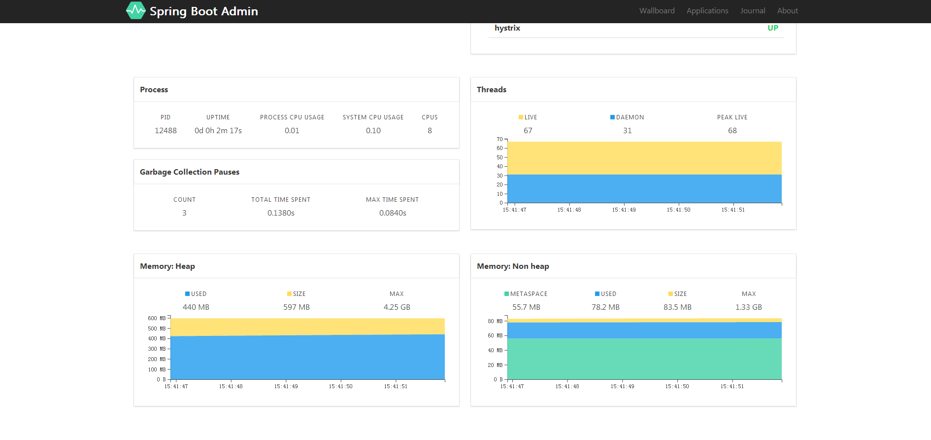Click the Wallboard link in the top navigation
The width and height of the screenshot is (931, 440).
(x=657, y=11)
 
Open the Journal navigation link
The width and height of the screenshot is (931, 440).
(x=752, y=11)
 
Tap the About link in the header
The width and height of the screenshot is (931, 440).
(x=787, y=11)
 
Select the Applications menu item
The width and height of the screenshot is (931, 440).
(x=707, y=11)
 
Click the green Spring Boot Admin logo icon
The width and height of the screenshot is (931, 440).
(x=135, y=10)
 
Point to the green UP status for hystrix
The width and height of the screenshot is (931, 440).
(x=772, y=28)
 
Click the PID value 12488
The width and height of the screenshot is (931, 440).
(x=166, y=131)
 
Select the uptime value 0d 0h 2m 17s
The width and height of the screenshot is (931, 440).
(x=218, y=131)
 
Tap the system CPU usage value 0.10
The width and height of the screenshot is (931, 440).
(x=373, y=131)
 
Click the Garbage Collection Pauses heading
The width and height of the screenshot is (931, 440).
(x=190, y=172)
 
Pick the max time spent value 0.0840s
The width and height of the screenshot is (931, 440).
(x=393, y=213)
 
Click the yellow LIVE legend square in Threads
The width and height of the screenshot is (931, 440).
(x=521, y=117)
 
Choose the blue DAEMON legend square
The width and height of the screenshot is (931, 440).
(x=612, y=117)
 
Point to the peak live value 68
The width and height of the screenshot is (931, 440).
(x=732, y=131)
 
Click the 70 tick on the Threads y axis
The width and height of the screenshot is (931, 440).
(x=499, y=140)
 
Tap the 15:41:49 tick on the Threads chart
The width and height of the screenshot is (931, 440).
(x=624, y=210)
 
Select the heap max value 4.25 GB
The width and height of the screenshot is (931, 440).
(x=397, y=307)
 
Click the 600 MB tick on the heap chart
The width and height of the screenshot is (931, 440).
(x=157, y=319)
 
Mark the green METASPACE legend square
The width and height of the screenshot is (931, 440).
(x=506, y=294)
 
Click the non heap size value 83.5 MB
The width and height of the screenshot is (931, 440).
(x=677, y=307)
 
